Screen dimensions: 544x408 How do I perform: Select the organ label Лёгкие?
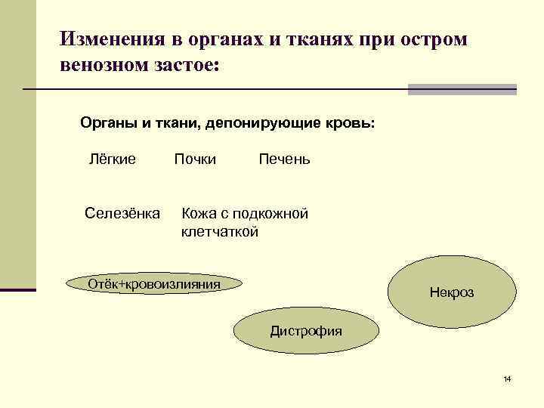113,159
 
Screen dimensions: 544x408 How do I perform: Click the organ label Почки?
195,159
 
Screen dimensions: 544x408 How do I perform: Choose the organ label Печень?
284,159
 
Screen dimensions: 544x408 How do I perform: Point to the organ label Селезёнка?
122,214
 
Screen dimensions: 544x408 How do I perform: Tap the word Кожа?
199,214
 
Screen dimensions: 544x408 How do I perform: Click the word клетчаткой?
220,232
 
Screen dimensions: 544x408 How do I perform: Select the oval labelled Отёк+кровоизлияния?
154,284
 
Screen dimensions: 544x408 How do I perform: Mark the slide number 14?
507,378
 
